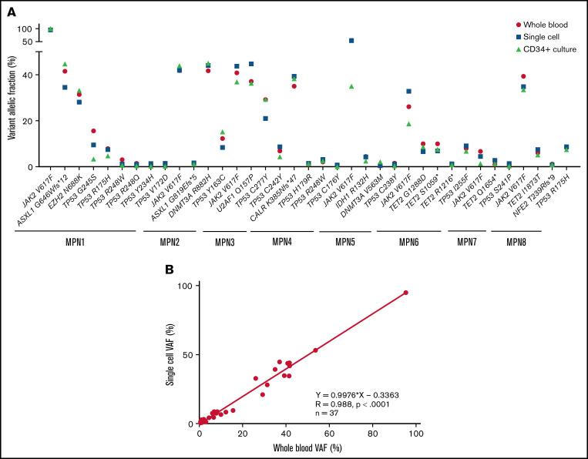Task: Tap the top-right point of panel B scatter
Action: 405,293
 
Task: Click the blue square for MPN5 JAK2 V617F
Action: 351,40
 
